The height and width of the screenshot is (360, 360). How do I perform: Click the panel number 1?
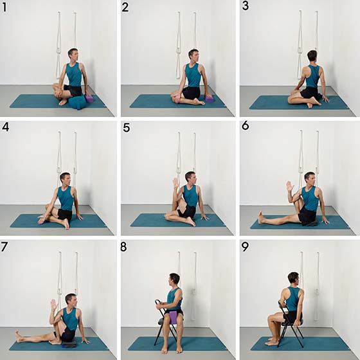click(x=4, y=7)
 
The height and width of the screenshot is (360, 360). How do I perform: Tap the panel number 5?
click(x=127, y=127)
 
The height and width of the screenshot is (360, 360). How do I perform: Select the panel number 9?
click(x=245, y=247)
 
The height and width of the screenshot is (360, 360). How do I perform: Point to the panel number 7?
click(x=4, y=247)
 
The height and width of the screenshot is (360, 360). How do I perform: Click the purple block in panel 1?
click(x=89, y=99)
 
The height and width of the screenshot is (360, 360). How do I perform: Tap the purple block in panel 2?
click(x=210, y=99)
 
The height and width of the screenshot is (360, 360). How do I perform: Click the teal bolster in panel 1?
click(x=78, y=102)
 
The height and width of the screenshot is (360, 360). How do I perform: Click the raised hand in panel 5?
click(x=176, y=183)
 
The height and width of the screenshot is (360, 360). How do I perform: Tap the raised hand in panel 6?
click(x=290, y=186)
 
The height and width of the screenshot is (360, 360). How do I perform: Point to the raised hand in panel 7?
click(x=54, y=305)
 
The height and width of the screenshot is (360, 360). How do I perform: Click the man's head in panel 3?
click(x=312, y=55)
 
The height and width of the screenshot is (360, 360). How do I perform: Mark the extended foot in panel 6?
click(x=261, y=217)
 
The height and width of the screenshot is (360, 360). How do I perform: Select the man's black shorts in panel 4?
click(x=65, y=215)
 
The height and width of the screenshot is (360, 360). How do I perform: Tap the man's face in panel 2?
click(x=195, y=56)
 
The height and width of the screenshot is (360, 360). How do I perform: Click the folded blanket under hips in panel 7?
click(x=69, y=343)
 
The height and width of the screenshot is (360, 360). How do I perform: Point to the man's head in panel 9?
click(x=294, y=279)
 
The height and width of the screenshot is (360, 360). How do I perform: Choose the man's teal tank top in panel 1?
click(x=74, y=74)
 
